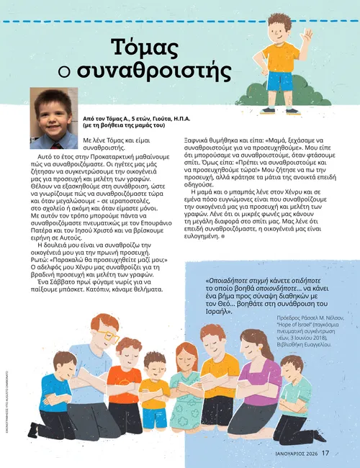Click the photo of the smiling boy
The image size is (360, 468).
click(54, 108)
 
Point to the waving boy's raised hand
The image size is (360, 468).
click(307, 36)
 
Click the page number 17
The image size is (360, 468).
click(325, 453)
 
